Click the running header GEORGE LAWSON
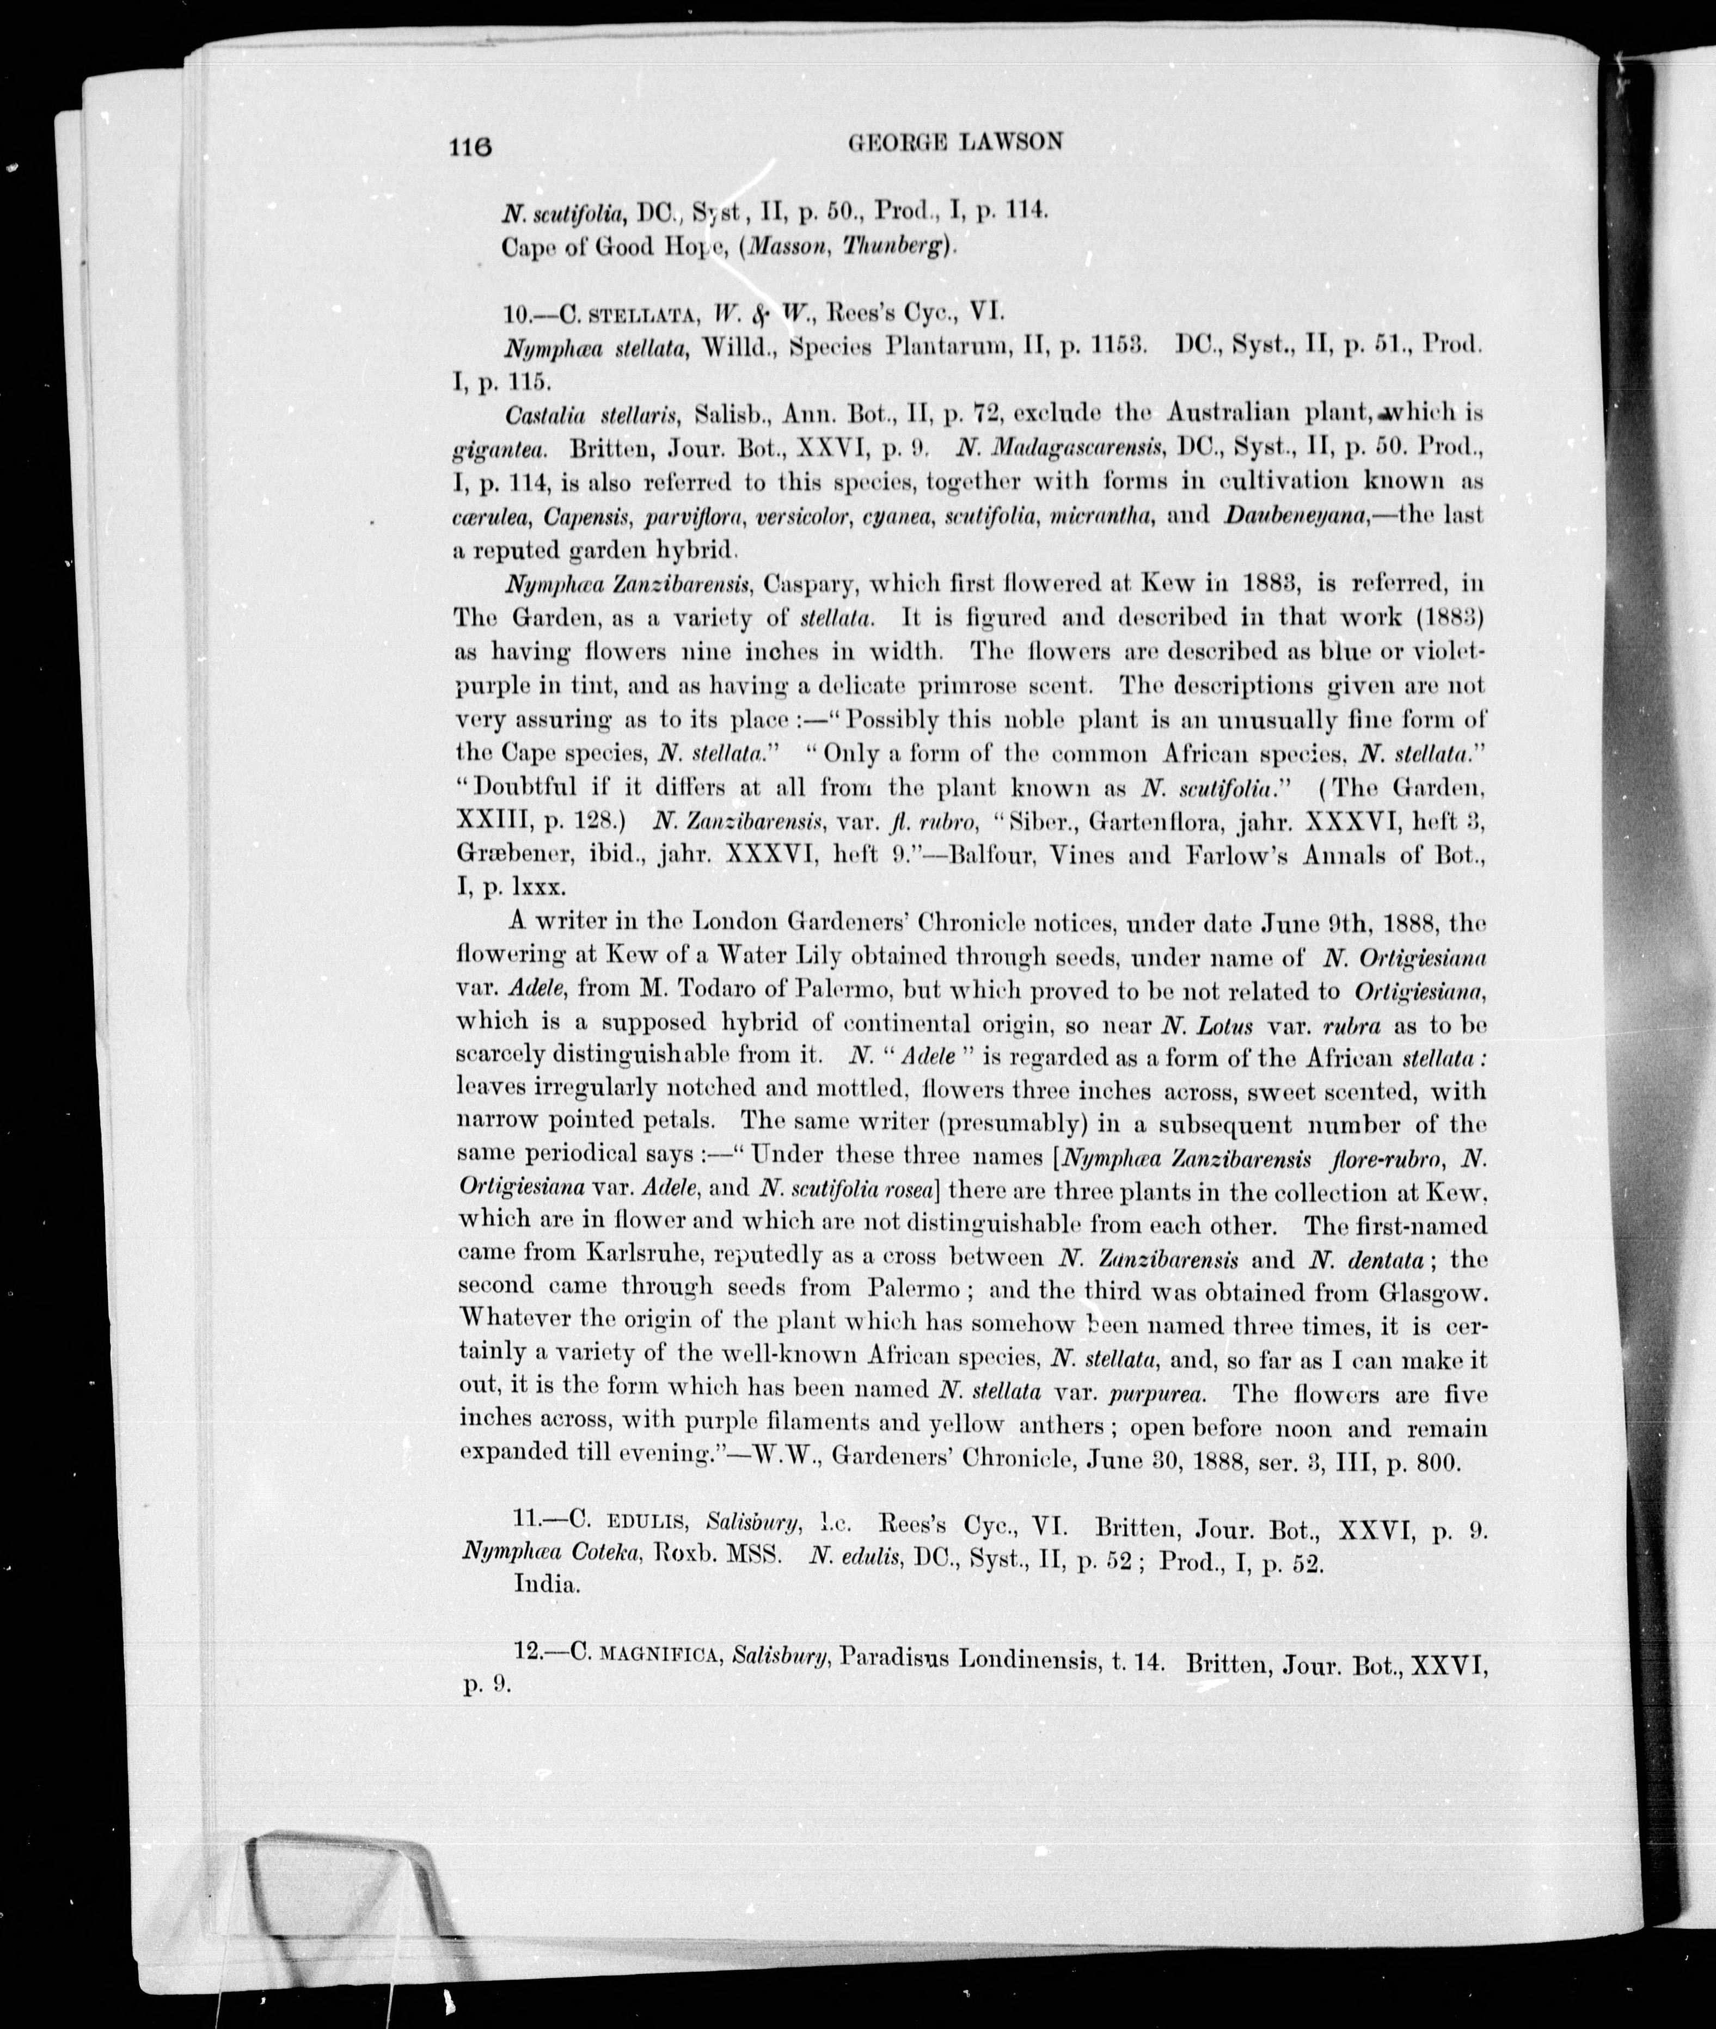point(955,142)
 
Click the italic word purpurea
point(1157,1393)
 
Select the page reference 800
point(1436,1462)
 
